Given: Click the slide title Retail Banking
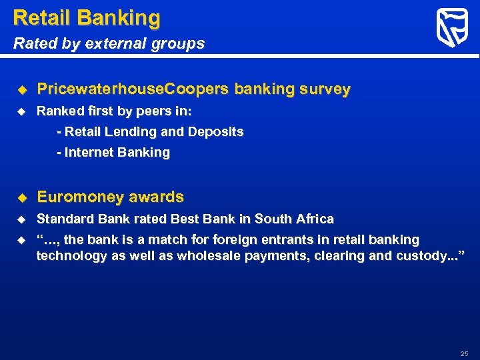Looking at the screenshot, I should click(x=87, y=17).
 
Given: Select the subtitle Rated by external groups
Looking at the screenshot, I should click(x=109, y=44).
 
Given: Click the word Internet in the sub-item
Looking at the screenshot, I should click(x=89, y=152).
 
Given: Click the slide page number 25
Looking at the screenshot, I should click(x=464, y=353).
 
